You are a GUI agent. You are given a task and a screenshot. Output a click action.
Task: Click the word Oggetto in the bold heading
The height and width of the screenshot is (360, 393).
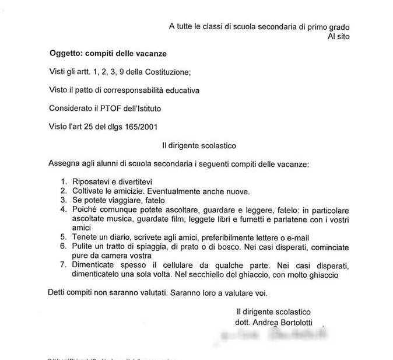point(66,54)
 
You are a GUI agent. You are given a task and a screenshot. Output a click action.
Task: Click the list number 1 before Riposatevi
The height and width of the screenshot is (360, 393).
point(64,181)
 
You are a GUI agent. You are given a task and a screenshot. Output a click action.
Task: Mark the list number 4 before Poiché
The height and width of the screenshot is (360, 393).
point(64,209)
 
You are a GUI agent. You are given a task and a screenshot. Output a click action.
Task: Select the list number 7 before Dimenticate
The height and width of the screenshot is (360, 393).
point(64,265)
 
